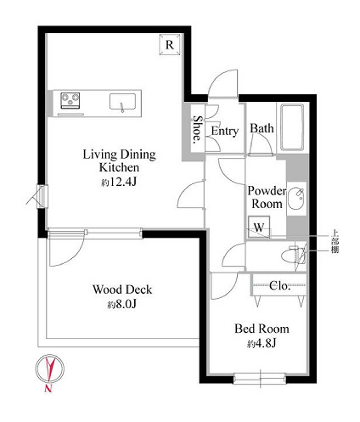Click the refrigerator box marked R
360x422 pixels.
(x=170, y=44)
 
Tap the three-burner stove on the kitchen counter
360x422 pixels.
(x=70, y=100)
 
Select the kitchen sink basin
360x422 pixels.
(x=122, y=102)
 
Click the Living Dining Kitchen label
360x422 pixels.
(x=119, y=160)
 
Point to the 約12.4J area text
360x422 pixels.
(x=119, y=183)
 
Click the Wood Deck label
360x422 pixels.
(x=122, y=290)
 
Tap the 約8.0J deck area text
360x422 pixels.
(x=122, y=304)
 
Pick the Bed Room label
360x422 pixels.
(x=262, y=329)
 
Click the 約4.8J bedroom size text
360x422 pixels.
(x=262, y=344)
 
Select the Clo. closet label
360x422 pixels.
(x=279, y=285)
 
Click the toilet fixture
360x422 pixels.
(x=294, y=255)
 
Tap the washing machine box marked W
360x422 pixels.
(x=259, y=227)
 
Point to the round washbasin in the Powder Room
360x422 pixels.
(x=296, y=199)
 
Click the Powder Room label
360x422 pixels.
(x=267, y=197)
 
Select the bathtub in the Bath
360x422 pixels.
(x=292, y=127)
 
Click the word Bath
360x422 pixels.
(x=262, y=128)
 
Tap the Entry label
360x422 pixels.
(x=225, y=131)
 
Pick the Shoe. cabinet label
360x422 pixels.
(x=198, y=130)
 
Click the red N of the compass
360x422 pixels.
(x=48, y=388)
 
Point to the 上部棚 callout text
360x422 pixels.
(x=335, y=242)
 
